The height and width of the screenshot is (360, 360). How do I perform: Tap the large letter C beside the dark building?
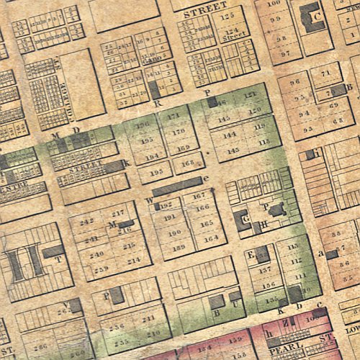click(315, 17)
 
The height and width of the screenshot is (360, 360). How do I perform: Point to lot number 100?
click(274, 4)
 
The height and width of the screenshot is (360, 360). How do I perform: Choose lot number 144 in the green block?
click(230, 135)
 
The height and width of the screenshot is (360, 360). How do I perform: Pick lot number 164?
click(210, 239)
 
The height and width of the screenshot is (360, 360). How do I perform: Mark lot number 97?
click(284, 53)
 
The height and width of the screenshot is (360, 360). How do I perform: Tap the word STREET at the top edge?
click(204, 12)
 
